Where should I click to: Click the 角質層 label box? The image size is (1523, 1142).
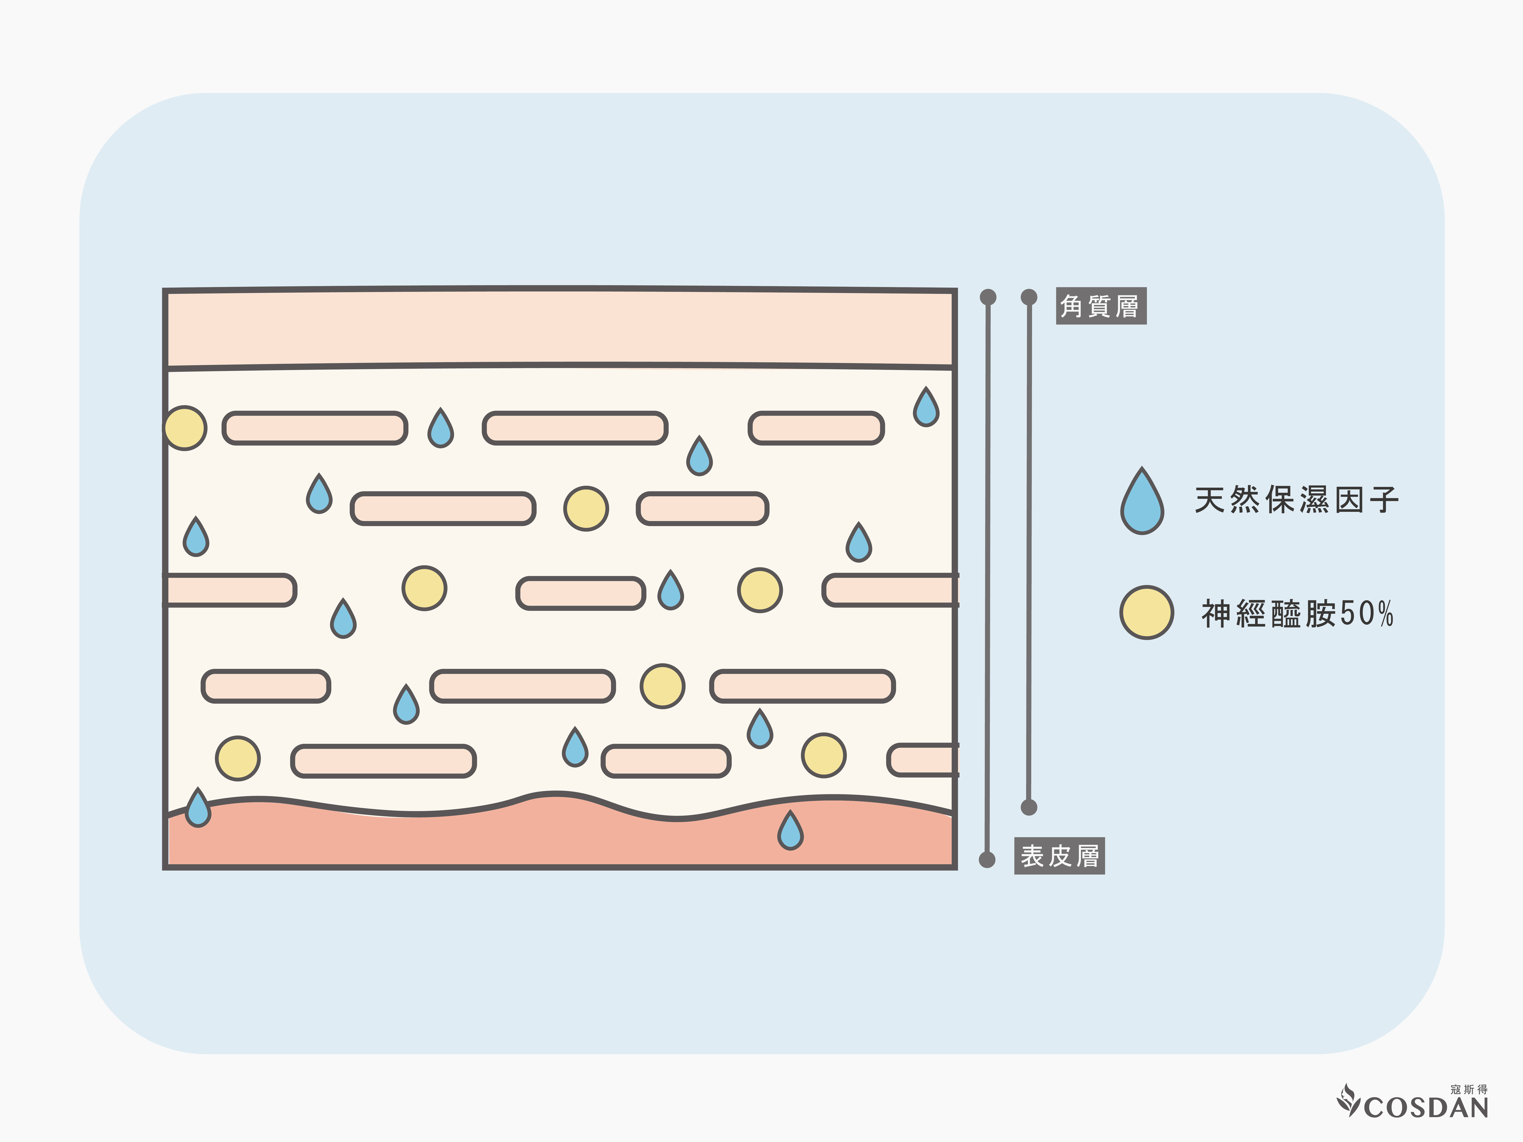tap(1100, 306)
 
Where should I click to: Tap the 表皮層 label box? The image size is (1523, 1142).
tap(1059, 856)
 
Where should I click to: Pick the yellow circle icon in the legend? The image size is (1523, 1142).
tap(1146, 613)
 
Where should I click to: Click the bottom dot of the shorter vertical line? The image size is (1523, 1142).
tap(1029, 807)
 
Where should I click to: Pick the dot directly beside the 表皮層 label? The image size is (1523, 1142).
tap(987, 859)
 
